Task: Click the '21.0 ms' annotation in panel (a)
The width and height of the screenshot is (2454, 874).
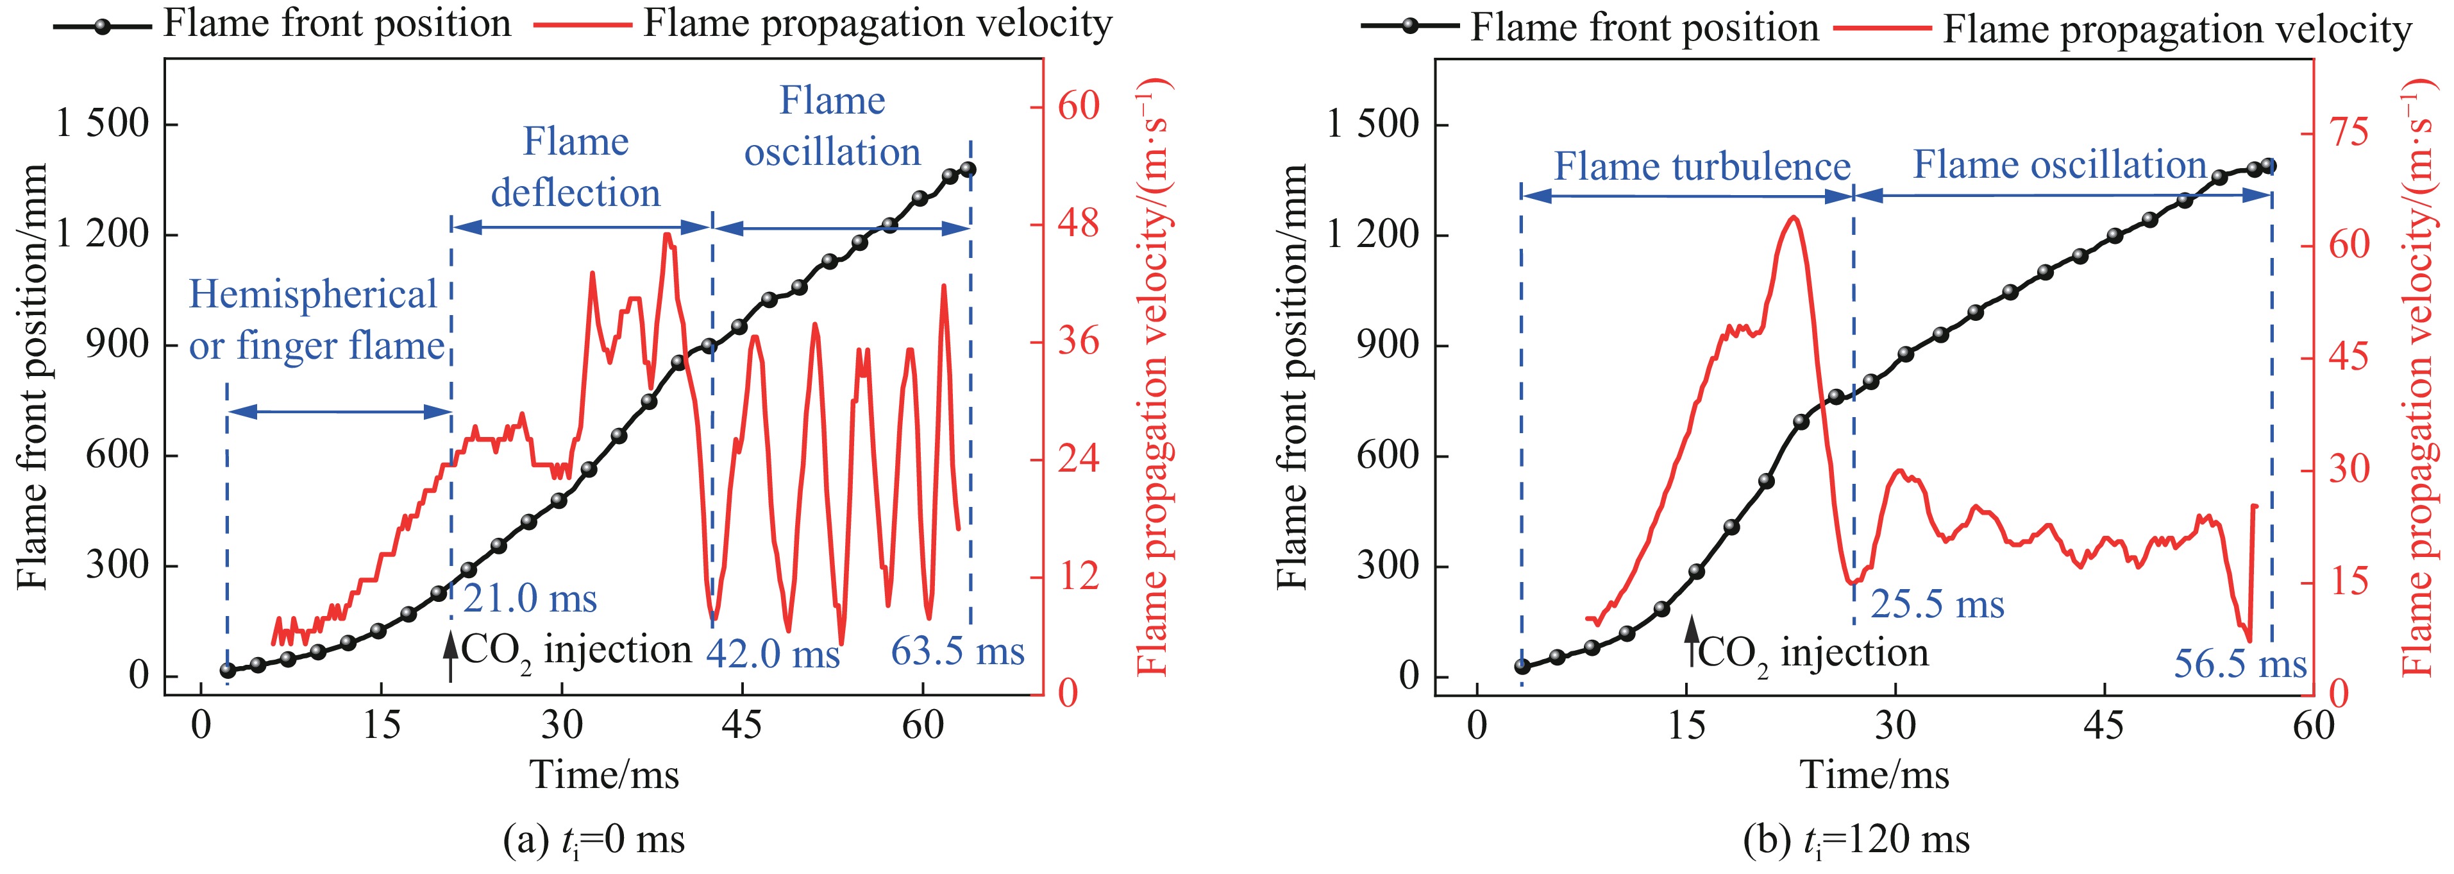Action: tap(530, 599)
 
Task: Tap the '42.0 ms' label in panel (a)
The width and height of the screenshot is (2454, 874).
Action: tap(773, 654)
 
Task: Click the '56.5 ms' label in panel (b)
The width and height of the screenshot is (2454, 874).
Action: tap(2240, 664)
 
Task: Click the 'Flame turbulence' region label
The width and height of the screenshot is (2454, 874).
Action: tap(1701, 167)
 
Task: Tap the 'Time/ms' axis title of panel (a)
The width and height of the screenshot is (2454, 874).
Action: tap(604, 774)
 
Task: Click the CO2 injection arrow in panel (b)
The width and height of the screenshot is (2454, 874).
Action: tap(1691, 640)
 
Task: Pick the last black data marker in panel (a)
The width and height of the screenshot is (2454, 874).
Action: tap(968, 169)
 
